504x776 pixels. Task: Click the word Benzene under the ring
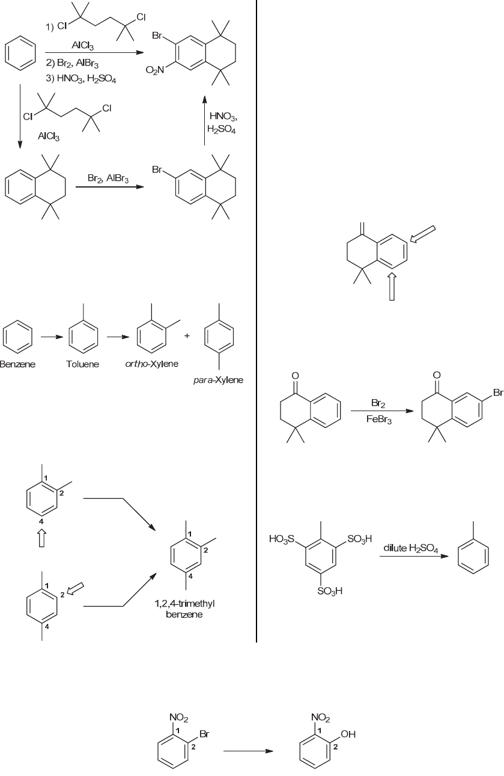[x=17, y=365]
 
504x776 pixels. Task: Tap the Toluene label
[x=82, y=365]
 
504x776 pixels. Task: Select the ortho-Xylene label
[x=147, y=365]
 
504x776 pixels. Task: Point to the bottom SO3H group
[x=330, y=591]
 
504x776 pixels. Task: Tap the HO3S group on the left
[x=283, y=540]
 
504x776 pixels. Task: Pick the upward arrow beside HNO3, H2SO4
[x=204, y=120]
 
